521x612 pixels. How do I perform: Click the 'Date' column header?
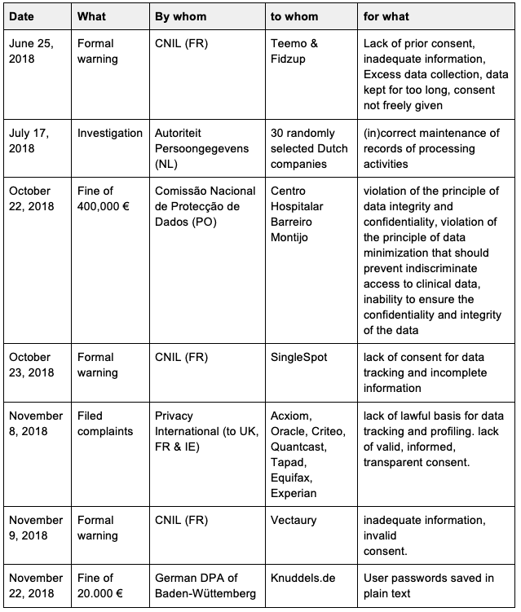pos(22,16)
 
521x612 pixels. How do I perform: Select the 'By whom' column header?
pos(180,16)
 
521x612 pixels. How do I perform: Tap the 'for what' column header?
pos(388,16)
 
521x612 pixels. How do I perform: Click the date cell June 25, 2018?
pos(29,51)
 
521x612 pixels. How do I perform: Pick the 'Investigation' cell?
pos(110,133)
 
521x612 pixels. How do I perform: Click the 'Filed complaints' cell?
pos(107,422)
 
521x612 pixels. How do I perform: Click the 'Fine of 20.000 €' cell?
pos(103,585)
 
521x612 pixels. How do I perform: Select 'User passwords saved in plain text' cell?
pos(429,585)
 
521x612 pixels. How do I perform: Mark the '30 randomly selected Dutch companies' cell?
pos(309,147)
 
